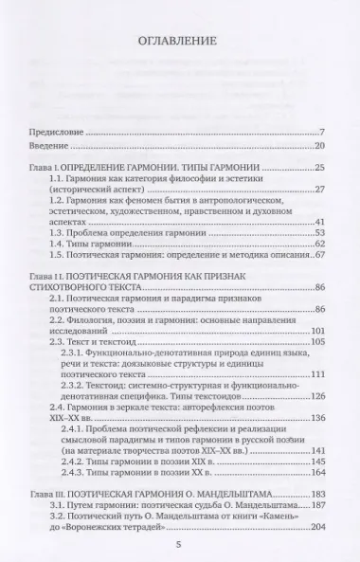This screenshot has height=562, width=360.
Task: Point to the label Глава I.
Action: [43, 167]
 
